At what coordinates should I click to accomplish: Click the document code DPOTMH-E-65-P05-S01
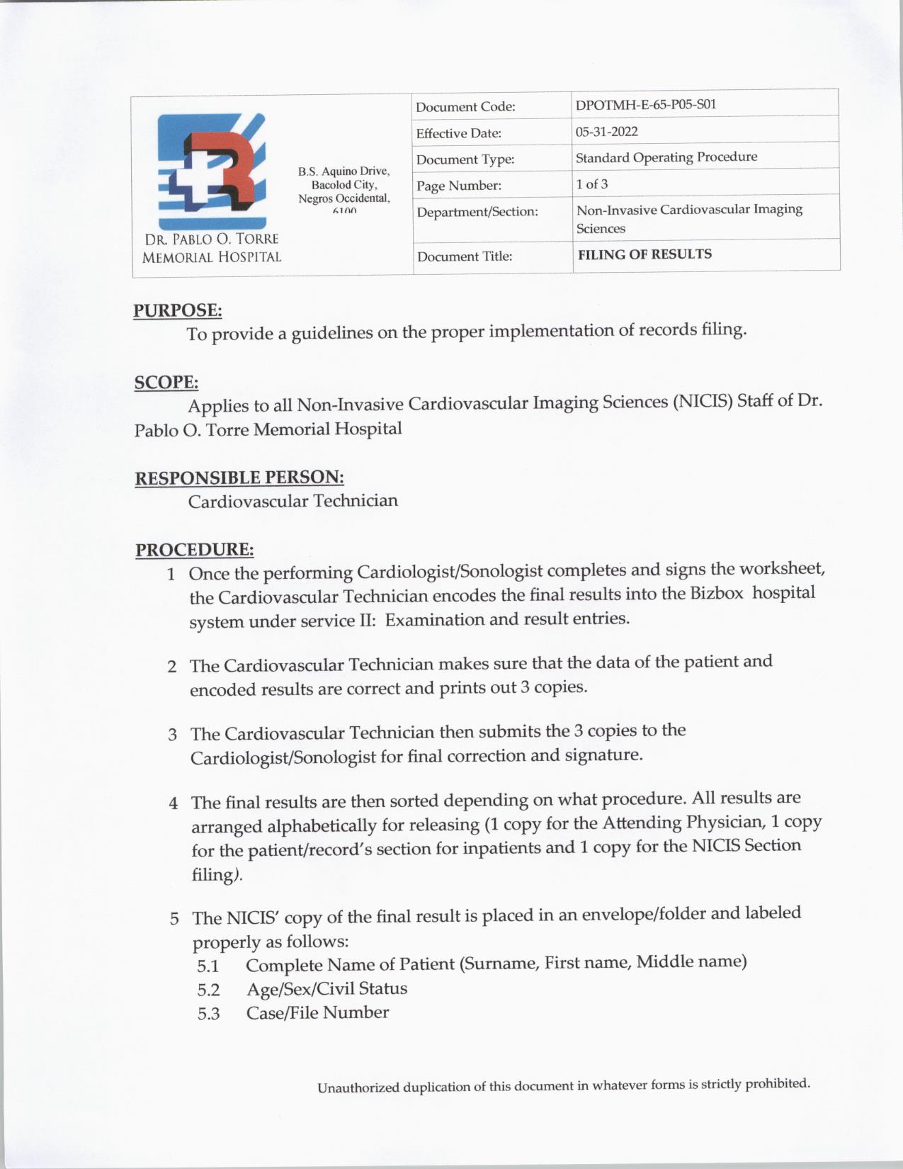646,105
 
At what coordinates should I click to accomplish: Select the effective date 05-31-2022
606,132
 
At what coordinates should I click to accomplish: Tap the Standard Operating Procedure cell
666,157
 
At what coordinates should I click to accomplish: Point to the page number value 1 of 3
591,184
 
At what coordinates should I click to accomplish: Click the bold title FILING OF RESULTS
644,254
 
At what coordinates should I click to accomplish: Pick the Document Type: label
465,159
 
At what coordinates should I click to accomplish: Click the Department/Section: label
477,212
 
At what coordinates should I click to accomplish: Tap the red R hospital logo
212,170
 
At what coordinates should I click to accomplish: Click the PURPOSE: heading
178,310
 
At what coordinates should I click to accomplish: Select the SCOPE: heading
166,383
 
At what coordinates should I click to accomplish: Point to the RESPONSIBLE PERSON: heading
239,478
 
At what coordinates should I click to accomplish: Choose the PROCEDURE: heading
195,550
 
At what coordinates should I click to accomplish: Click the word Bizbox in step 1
716,593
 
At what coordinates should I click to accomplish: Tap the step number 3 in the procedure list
172,734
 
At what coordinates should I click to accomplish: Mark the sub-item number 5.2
208,990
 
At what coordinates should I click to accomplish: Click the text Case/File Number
317,1012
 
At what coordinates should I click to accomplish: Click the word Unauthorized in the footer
358,1088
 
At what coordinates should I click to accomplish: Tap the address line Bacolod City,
344,185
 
